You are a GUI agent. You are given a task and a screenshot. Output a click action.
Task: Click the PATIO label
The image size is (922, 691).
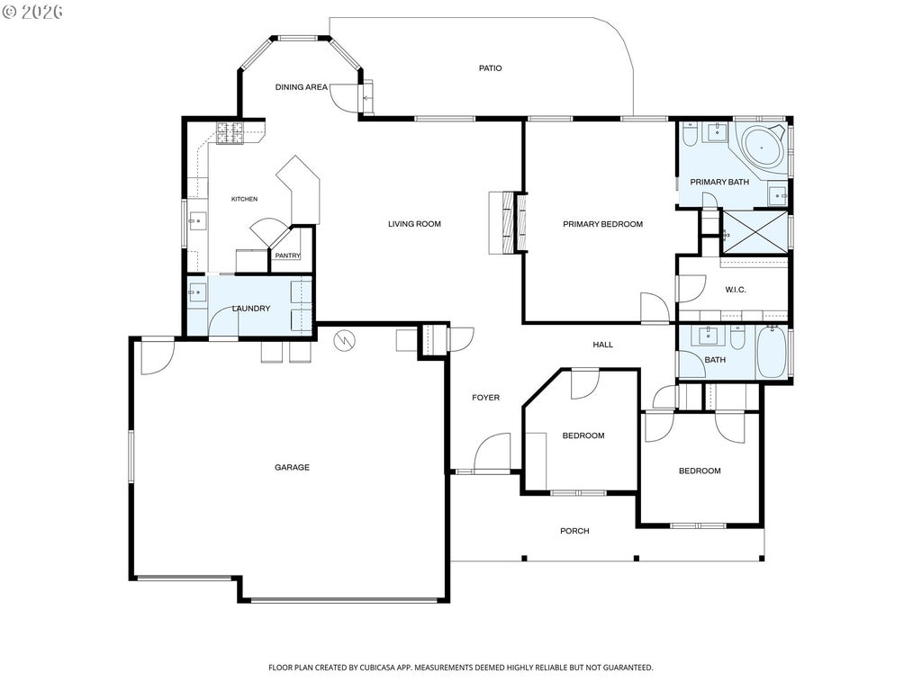490,68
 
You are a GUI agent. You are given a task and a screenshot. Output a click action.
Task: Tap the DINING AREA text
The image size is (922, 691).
301,87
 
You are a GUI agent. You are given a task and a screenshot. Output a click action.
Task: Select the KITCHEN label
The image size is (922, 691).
244,199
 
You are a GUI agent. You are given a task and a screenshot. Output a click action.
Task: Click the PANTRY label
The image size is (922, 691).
287,256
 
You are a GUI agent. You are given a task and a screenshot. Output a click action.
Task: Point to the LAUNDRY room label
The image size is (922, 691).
251,309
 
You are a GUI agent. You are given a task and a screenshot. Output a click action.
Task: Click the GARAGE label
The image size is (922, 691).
293,468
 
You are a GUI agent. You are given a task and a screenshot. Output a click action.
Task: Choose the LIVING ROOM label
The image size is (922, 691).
414,224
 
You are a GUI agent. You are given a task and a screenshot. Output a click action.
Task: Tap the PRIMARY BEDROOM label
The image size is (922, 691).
602,224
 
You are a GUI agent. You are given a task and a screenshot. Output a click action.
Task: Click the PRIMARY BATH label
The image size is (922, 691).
719,182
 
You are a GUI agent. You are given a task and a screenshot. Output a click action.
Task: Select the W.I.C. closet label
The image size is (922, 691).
735,290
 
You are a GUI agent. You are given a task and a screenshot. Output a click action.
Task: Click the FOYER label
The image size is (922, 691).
485,398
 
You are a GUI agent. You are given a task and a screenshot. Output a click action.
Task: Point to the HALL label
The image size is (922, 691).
602,345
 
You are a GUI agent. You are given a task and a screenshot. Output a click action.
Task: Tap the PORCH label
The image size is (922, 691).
574,531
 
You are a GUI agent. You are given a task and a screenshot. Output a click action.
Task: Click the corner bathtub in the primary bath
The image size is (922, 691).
764,147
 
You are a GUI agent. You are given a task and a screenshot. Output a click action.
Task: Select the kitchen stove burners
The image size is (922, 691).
230,133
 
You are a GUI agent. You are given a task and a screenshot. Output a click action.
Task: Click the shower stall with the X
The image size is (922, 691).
755,231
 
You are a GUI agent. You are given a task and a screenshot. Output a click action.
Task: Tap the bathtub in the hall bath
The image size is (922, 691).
771,353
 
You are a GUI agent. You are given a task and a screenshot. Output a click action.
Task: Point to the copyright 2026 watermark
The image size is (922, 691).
33,12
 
